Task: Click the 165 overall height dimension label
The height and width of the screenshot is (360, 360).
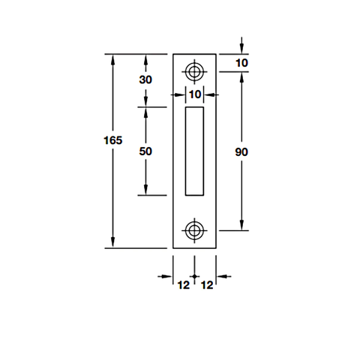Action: coord(112,139)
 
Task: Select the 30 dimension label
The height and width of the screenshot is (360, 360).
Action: coord(145,80)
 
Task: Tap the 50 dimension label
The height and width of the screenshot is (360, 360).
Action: coord(145,151)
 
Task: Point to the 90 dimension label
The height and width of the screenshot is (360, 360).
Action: coord(241,151)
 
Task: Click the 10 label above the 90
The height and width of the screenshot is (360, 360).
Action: coord(241,63)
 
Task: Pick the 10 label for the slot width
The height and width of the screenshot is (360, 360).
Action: coord(195,94)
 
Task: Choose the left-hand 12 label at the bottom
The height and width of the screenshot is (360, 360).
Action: coord(183,284)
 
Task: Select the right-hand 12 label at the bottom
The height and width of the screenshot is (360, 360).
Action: coord(207,284)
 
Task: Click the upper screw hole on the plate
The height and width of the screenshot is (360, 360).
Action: coord(195,73)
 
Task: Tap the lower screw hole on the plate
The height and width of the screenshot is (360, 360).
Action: coord(195,229)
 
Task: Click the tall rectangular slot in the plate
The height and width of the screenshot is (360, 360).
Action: coord(195,150)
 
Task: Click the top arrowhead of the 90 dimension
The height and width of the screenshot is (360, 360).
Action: coord(241,79)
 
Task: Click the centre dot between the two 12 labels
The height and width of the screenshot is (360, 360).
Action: coord(195,277)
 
